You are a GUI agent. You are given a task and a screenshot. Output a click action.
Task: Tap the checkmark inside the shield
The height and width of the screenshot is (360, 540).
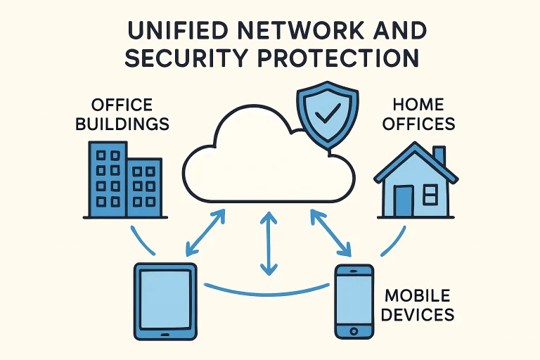[328, 111]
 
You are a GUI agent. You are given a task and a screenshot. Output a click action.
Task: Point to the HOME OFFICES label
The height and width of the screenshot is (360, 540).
[419, 115]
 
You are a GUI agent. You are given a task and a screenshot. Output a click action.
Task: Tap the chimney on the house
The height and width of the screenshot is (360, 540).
[439, 156]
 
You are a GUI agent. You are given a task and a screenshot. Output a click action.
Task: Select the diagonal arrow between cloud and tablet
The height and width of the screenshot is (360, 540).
[205, 233]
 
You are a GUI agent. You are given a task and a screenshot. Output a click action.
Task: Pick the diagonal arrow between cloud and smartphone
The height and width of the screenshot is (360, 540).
[330, 233]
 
